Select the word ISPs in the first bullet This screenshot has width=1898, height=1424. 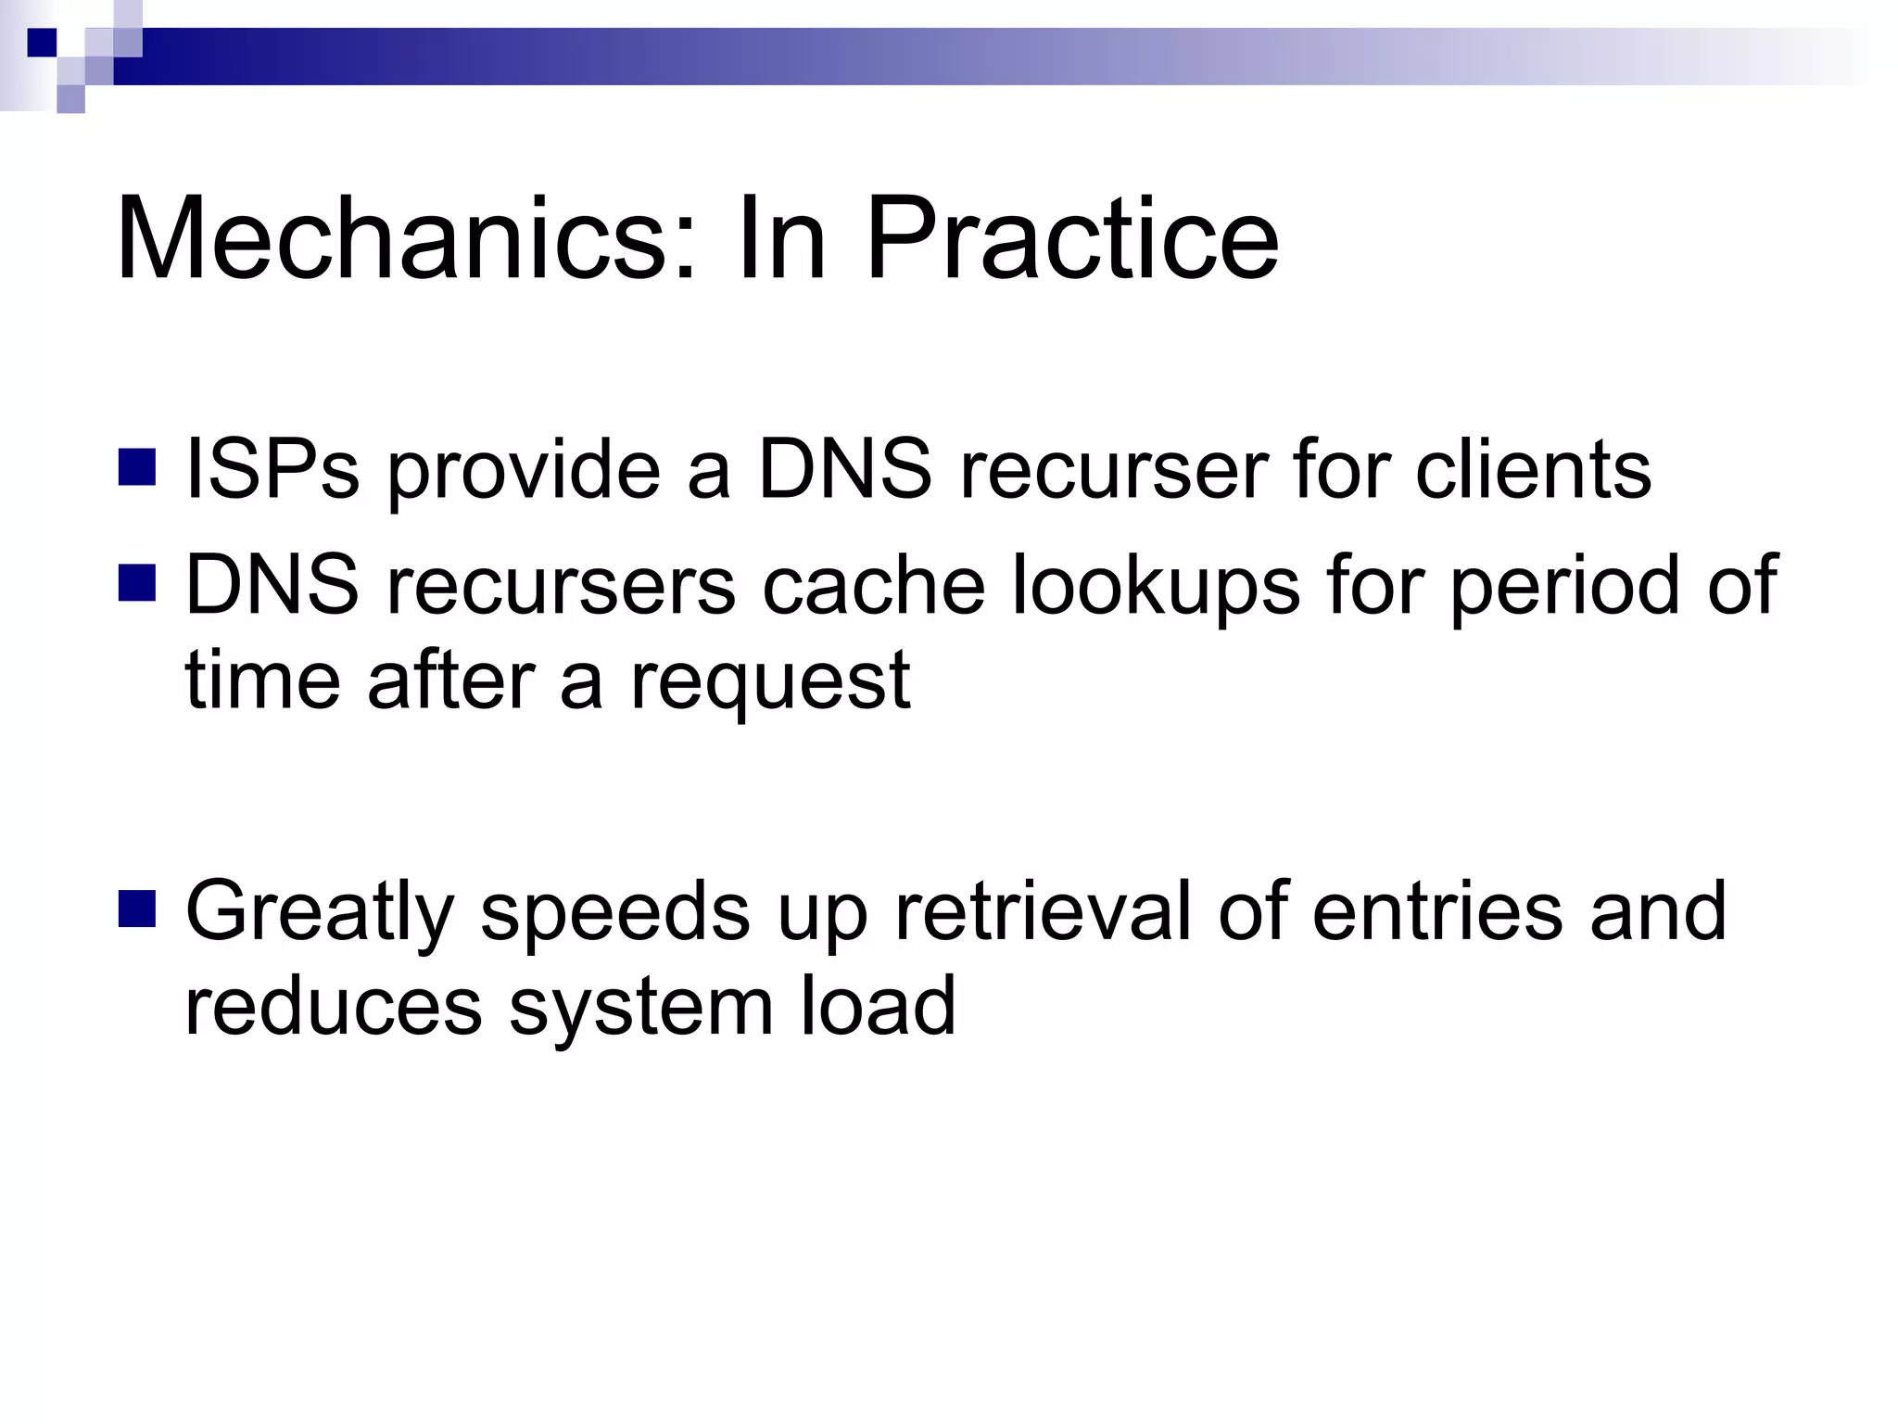coord(272,470)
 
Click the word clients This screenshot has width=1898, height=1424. coord(1533,470)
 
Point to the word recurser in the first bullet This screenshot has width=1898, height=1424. coord(1112,470)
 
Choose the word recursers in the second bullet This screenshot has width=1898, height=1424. coord(561,586)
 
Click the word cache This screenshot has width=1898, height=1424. coord(873,586)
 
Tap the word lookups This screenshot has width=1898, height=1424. coord(1156,586)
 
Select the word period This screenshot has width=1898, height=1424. coord(1564,586)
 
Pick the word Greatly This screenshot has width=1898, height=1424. coord(320,913)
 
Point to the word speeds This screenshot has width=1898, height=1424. coord(614,913)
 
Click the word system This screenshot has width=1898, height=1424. coord(640,1009)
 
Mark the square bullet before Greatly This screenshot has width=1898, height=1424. coord(137,909)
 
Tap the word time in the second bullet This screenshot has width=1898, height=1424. coord(262,680)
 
